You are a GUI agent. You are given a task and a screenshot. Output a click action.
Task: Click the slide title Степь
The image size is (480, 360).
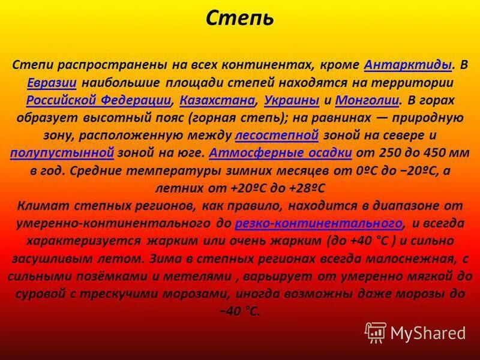coord(240,18)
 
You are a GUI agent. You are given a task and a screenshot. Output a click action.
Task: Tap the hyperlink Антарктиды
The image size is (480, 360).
coord(408,64)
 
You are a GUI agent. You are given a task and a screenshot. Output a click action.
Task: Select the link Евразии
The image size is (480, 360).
coord(51,82)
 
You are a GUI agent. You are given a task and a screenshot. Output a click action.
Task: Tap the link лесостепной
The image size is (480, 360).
coord(277,135)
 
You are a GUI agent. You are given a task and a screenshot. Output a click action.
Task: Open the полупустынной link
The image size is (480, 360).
coord(62,153)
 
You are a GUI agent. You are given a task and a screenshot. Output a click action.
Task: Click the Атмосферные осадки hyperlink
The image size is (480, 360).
coord(281,153)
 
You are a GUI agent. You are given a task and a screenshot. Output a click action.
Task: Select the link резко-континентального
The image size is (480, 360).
coord(318,224)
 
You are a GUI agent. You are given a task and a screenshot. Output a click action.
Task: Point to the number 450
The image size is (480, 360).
coord(425,153)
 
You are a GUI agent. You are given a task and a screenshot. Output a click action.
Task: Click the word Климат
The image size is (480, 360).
coord(41,206)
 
